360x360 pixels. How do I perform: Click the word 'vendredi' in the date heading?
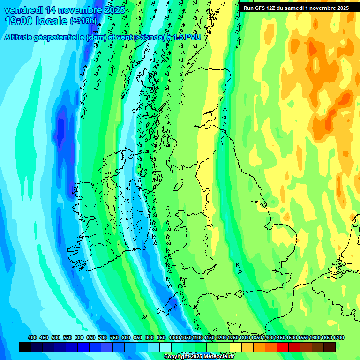(x=22, y=10)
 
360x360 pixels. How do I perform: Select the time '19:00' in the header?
(x=18, y=21)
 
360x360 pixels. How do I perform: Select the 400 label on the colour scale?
(x=32, y=338)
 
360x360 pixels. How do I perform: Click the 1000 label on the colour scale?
(x=174, y=338)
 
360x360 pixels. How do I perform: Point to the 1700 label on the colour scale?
(x=338, y=338)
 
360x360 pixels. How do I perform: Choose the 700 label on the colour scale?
(x=103, y=338)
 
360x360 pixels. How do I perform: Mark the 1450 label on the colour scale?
(x=280, y=338)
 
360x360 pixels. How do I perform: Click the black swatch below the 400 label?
(x=25, y=347)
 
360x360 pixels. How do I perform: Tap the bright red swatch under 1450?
(x=283, y=347)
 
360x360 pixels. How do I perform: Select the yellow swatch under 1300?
(x=247, y=347)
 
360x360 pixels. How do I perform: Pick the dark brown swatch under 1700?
(x=330, y=347)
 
